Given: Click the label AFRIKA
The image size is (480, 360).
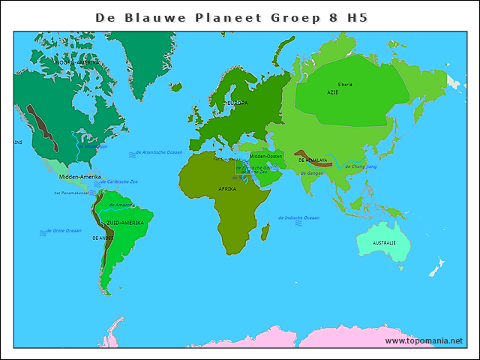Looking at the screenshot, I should [227, 189].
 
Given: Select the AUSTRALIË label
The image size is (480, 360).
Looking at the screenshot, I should [384, 243].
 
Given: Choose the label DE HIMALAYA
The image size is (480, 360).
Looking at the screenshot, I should [312, 160].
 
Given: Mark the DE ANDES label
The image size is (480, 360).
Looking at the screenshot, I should [102, 238].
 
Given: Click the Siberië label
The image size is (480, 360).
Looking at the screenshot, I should [346, 85].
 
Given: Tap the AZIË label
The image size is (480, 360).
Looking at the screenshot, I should [332, 92].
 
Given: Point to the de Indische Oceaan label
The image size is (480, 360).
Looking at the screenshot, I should [301, 217].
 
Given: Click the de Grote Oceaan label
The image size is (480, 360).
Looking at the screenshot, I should [64, 230].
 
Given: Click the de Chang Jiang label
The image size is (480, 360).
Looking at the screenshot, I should [361, 166].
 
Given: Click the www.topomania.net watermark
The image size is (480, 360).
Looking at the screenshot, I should [424, 341].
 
